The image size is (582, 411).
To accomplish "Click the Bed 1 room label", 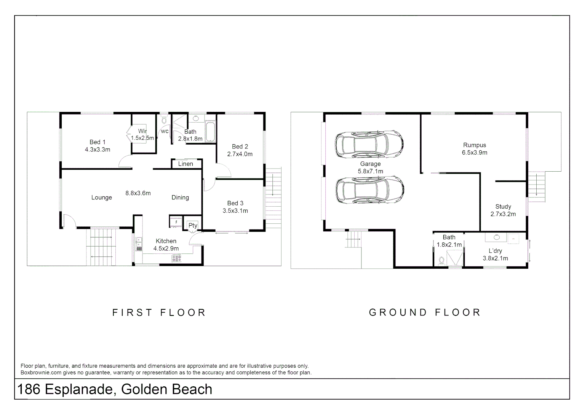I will tap(98, 142).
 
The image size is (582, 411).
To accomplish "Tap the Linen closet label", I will tap(185, 164).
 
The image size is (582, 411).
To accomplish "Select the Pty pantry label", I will tap(193, 225).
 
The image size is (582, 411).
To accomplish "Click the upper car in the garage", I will tap(369, 144).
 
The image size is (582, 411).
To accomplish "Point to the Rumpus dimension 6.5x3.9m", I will tap(475, 153).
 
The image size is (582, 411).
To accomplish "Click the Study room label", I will tap(503, 207).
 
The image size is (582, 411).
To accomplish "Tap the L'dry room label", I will tap(495, 251).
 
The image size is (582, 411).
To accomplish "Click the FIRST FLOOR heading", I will tap(159, 312).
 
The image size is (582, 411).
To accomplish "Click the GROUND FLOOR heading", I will tap(425, 312).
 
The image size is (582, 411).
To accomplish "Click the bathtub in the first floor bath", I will tap(210, 132).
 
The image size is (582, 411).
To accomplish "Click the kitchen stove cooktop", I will tap(176, 258).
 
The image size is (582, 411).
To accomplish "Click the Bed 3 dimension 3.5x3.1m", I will tap(235, 211).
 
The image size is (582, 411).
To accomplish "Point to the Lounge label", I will tap(102, 198).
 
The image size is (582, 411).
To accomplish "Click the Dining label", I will tap(180, 198).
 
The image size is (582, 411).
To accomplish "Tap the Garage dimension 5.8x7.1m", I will tap(370, 171).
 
